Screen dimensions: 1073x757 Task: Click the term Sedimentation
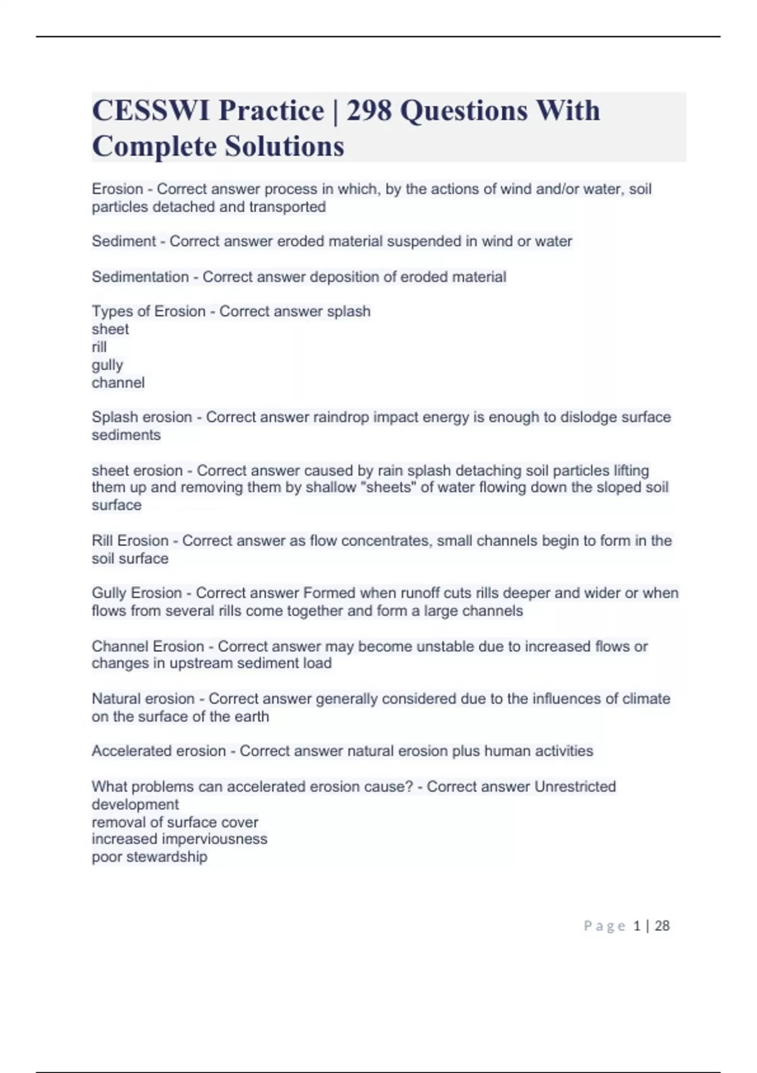(x=140, y=277)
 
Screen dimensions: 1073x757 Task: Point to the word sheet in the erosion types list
(x=110, y=329)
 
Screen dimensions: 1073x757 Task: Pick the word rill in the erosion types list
(x=99, y=347)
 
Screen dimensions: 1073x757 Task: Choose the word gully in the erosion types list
(x=107, y=365)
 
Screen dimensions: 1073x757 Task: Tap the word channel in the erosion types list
(x=118, y=382)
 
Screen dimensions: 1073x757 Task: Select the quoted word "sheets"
(x=387, y=487)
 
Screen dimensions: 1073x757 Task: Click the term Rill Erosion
(x=130, y=541)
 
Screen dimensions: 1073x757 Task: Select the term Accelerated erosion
(x=158, y=751)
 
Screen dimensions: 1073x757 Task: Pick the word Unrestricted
(x=575, y=786)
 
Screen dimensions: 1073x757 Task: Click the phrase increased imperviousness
(x=179, y=839)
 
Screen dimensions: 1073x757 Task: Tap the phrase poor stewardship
(x=150, y=857)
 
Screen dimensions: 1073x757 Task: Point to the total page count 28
(x=662, y=926)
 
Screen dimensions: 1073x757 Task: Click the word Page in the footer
(x=604, y=926)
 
